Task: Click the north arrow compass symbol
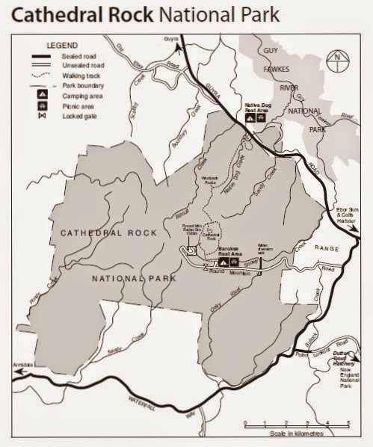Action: tap(339, 56)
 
